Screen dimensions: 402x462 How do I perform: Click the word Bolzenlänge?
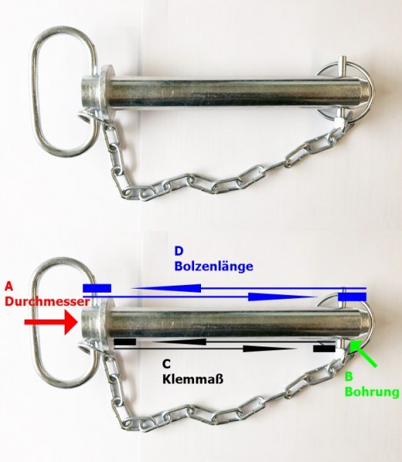point(213,267)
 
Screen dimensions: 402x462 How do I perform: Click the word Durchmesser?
point(47,302)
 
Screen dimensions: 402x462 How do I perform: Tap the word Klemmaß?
point(193,379)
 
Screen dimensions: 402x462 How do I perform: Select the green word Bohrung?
point(372,392)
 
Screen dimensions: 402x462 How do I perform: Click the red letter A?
point(9,286)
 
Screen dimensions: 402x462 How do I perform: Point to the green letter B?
point(348,377)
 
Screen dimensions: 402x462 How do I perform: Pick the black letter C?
point(166,364)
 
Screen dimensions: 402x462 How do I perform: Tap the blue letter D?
point(179,251)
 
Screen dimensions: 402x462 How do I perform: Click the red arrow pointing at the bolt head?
point(52,323)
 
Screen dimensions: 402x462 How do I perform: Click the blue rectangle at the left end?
point(97,288)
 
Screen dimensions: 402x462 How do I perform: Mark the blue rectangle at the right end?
point(352,296)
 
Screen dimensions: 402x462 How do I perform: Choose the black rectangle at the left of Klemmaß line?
point(125,342)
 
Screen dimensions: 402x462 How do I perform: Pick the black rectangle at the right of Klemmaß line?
point(324,349)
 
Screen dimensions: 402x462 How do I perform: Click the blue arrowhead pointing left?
point(166,288)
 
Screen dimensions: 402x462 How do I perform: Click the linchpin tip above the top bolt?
point(342,61)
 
